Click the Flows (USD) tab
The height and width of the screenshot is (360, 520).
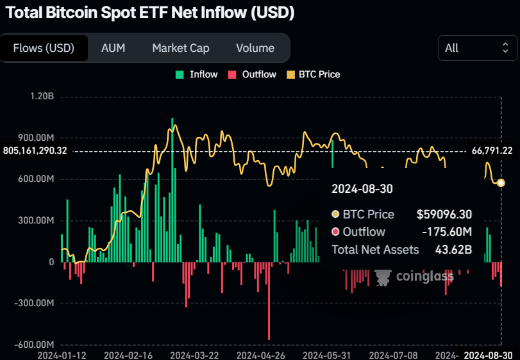pos(44,48)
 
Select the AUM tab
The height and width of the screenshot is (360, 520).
pos(113,48)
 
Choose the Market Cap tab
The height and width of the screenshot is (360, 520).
pos(180,48)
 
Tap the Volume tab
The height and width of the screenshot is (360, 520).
pos(255,48)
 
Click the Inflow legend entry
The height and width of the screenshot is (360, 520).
pos(197,74)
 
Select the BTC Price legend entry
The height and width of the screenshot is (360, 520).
pos(313,74)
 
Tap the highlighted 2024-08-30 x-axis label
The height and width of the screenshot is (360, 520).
pos(488,354)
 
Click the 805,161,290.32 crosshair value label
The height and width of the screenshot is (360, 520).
pos(35,151)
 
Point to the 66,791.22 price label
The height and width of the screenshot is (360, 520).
pos(492,151)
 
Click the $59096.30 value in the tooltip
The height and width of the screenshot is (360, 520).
pos(444,215)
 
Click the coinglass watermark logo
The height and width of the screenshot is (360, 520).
pos(414,277)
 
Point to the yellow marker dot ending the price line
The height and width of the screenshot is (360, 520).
pos(501,183)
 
